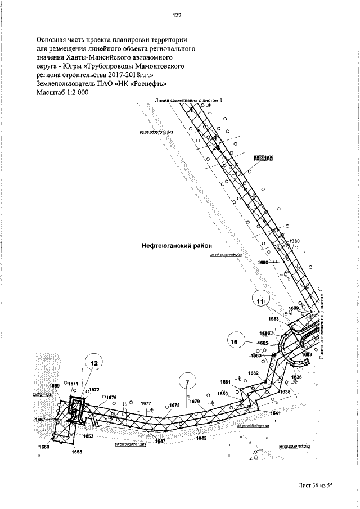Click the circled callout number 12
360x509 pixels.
(x=94, y=364)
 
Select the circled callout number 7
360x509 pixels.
(x=188, y=382)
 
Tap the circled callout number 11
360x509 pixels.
(x=260, y=301)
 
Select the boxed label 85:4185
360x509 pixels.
(x=263, y=159)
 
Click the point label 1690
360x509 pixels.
(x=263, y=262)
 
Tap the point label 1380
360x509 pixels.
(x=295, y=241)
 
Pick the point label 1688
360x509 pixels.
(x=273, y=319)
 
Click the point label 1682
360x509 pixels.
(x=254, y=373)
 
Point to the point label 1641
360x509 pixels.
(x=275, y=413)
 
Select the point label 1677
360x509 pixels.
(x=146, y=403)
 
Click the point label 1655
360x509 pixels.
(x=77, y=452)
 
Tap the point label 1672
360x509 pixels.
(x=93, y=389)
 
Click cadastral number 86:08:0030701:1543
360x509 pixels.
(x=155, y=132)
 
